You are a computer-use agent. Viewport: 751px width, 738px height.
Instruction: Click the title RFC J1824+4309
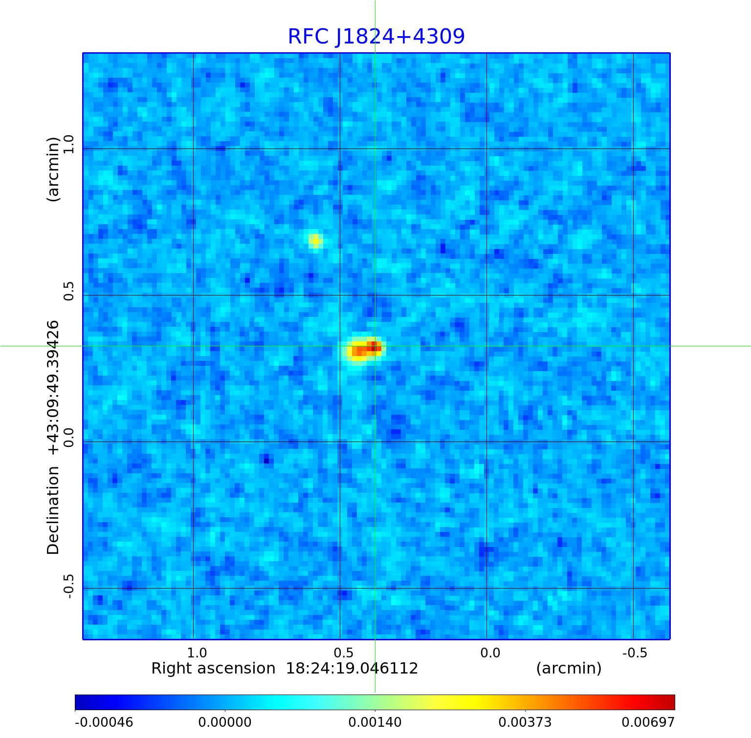(376, 37)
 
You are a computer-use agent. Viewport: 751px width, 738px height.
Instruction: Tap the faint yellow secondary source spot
(315, 240)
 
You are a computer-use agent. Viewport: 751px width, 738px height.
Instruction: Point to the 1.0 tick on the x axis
(197, 653)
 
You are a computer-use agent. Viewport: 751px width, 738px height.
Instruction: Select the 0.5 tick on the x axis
(343, 653)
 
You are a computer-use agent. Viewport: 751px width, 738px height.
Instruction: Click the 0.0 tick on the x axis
(490, 653)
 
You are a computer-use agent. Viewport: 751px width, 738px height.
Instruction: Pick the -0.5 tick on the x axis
(635, 653)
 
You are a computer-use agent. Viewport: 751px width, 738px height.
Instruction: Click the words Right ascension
(213, 669)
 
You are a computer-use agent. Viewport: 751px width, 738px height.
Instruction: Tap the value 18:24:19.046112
(352, 669)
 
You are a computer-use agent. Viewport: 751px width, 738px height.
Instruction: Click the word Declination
(53, 510)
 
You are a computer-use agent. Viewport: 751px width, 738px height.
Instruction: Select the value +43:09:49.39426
(53, 387)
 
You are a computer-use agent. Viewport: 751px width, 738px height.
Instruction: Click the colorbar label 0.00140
(375, 722)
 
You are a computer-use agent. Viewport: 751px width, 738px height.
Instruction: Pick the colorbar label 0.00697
(648, 722)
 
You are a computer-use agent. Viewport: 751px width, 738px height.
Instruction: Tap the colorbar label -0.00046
(104, 722)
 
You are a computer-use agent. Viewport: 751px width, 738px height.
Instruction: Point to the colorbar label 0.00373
(525, 722)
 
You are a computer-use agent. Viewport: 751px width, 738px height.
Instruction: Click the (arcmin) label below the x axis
(569, 669)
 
